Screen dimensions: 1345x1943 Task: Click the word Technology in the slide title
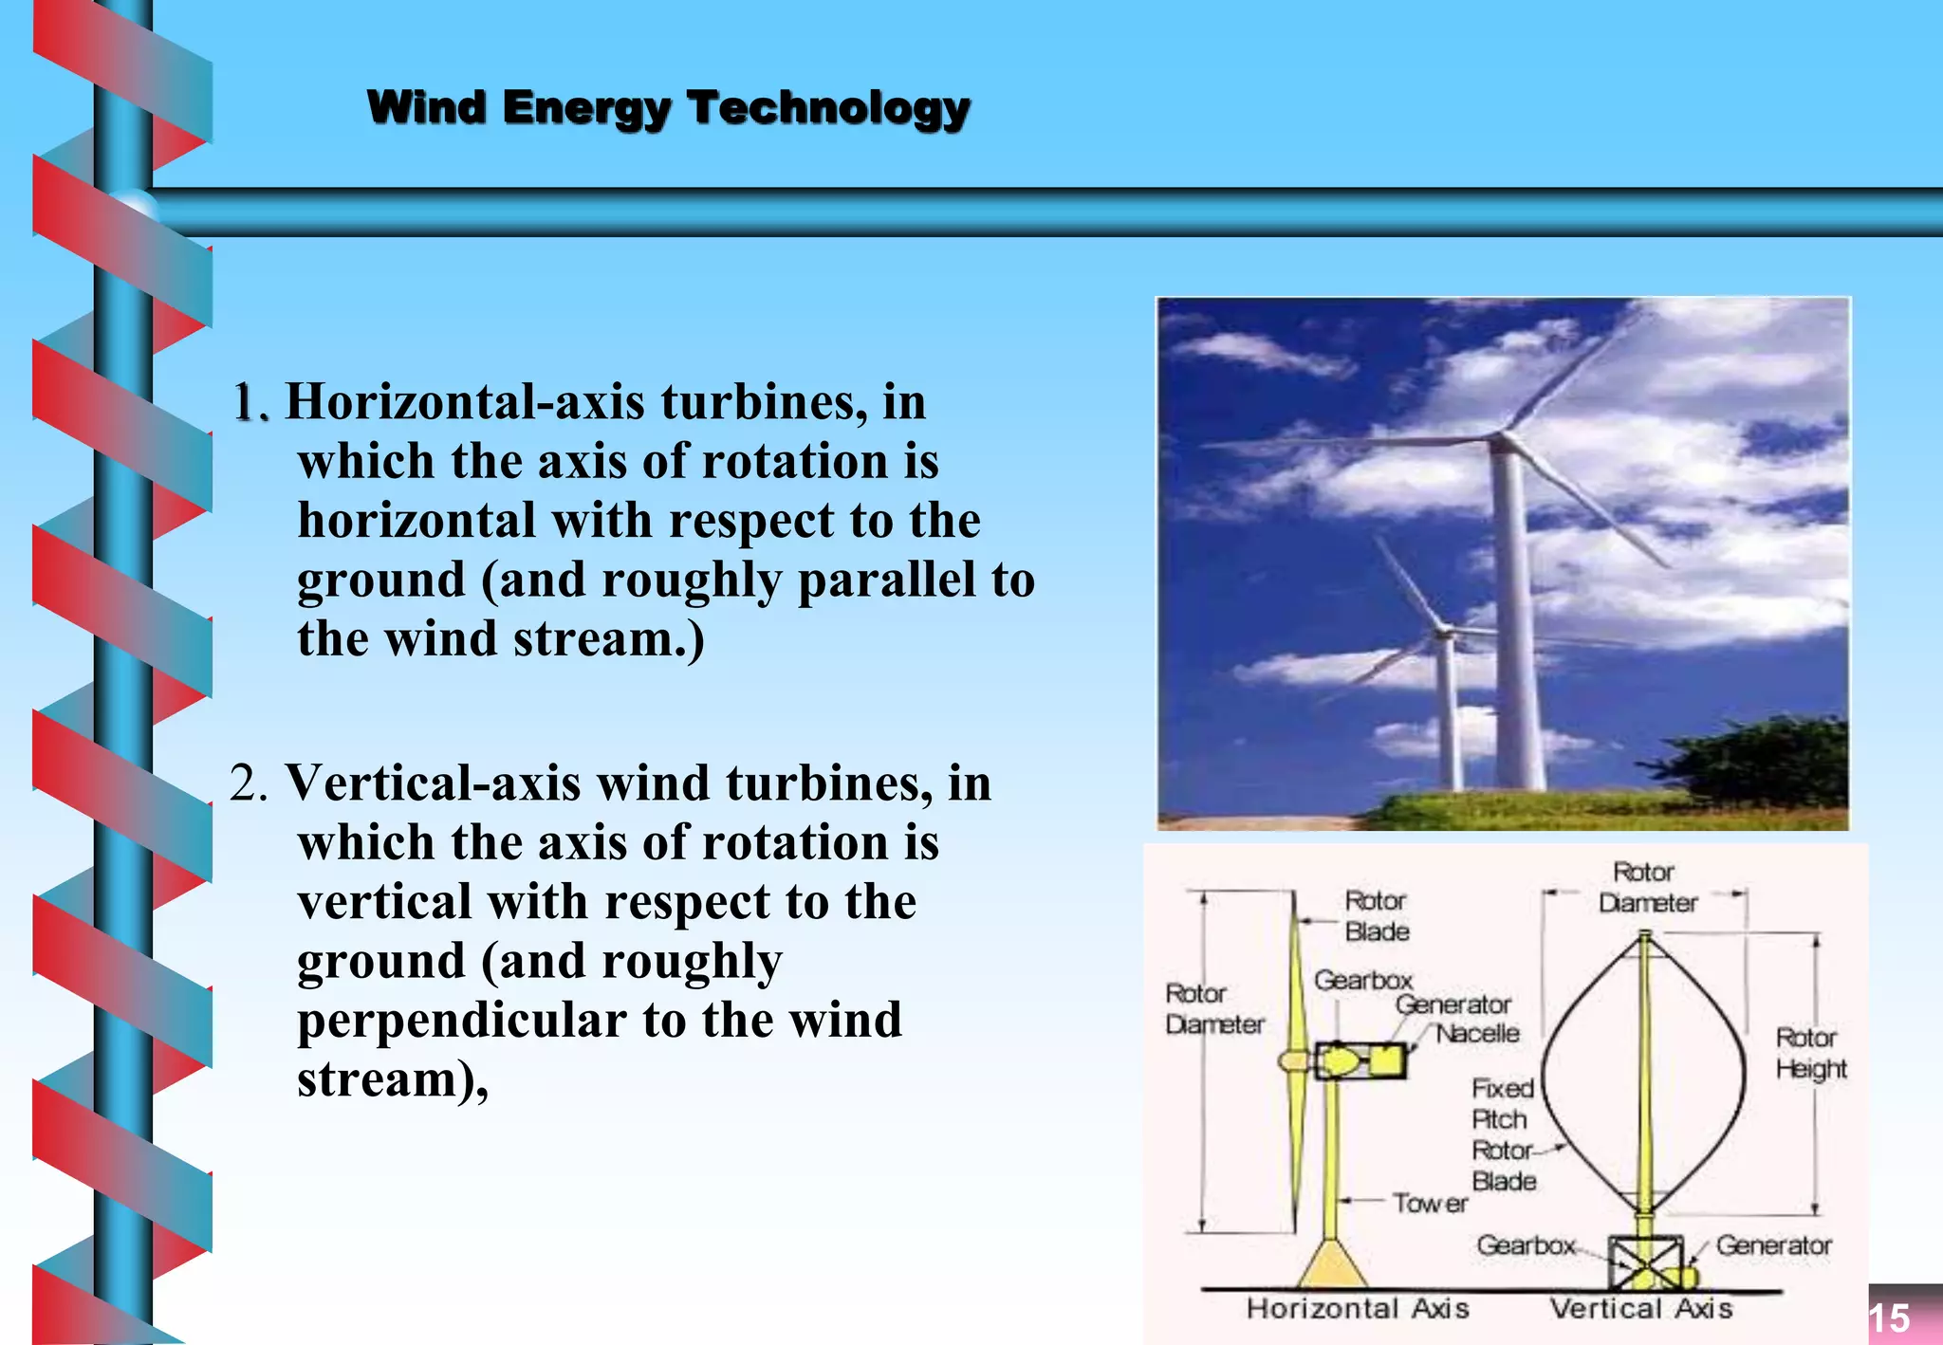coord(828,108)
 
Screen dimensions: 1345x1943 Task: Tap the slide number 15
coord(1889,1318)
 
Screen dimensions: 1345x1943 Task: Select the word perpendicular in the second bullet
coord(462,1021)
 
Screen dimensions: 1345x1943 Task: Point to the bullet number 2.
coord(249,784)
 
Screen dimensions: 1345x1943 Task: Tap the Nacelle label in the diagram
coord(1477,1033)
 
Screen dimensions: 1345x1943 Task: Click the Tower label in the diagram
coord(1430,1204)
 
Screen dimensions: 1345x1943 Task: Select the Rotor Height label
coord(1810,1053)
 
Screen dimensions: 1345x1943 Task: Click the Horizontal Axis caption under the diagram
coord(1358,1309)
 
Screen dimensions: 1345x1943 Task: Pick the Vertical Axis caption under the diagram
coord(1641,1309)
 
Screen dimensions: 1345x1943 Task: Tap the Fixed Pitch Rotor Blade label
coord(1503,1134)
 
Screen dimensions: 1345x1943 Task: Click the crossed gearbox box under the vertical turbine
coord(1643,1262)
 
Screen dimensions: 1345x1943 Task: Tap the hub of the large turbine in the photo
coord(1501,438)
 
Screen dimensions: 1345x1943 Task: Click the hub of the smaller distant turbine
coord(1443,631)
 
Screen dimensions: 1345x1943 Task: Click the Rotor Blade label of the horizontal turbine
coord(1376,915)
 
